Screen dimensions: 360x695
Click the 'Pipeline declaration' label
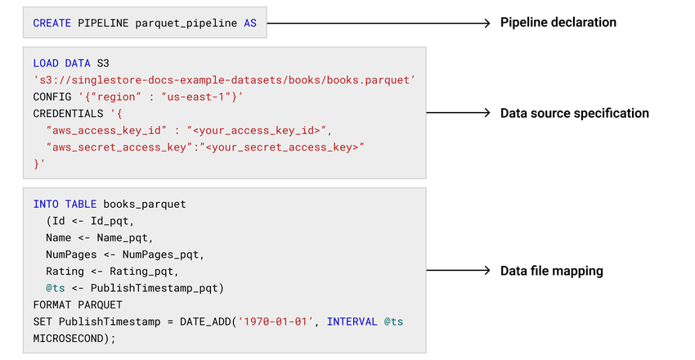558,23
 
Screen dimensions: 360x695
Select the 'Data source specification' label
574,113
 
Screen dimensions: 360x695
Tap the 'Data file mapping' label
551,271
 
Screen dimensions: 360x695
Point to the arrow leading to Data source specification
458,113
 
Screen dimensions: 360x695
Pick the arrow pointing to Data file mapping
458,271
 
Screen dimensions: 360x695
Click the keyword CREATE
52,24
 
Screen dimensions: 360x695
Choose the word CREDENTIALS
69,114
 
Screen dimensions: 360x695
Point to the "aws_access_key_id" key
104,130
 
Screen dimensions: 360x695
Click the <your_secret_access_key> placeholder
284,147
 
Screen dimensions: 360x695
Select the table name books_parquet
145,204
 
